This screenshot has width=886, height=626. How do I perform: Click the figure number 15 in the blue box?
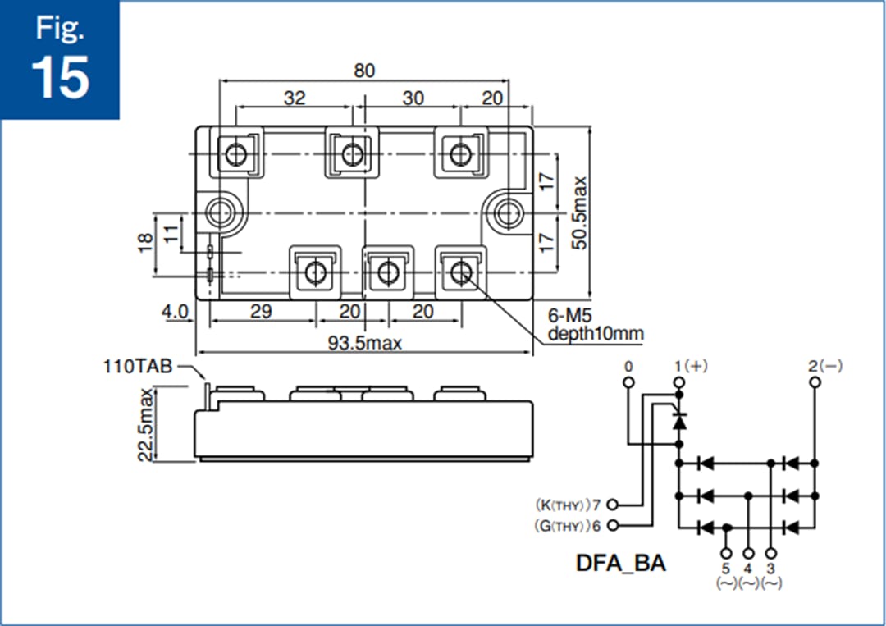click(x=60, y=78)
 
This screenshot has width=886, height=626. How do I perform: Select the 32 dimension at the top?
click(x=295, y=98)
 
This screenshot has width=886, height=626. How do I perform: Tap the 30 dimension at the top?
click(x=413, y=98)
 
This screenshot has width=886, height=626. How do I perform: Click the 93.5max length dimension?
click(x=365, y=343)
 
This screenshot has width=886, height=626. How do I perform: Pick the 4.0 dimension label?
click(x=175, y=312)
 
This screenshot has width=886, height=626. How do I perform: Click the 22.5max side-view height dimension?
click(x=145, y=425)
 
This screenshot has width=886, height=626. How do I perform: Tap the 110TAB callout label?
click(x=137, y=366)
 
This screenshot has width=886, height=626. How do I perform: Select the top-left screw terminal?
click(x=237, y=154)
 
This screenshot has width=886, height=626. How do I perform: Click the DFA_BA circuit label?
click(x=620, y=564)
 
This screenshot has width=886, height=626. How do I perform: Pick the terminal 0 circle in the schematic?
click(x=628, y=382)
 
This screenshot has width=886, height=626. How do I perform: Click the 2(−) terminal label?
click(x=824, y=366)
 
